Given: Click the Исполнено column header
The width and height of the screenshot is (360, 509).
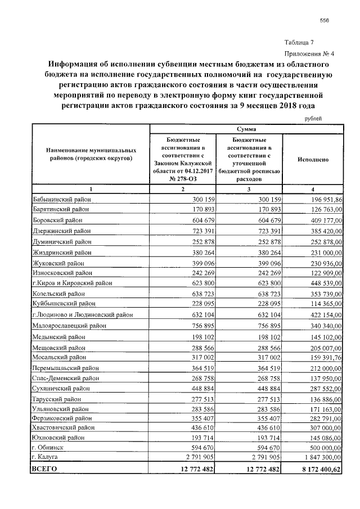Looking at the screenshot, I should coord(313,159).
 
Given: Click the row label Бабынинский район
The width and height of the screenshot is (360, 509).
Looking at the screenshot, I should coord(62,200).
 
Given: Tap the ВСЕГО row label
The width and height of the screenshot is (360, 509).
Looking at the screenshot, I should coord(46,469).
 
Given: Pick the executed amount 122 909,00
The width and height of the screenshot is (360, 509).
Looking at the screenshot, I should coord(325,273).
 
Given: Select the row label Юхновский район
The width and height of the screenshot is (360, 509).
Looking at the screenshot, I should coord(59,436).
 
